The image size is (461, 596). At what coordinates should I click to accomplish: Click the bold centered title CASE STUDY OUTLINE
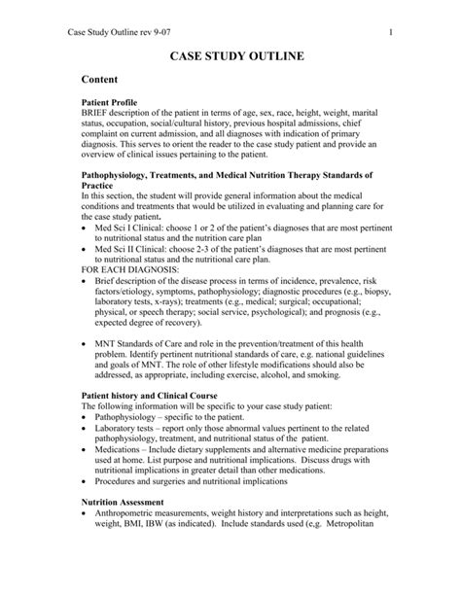click(230, 58)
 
